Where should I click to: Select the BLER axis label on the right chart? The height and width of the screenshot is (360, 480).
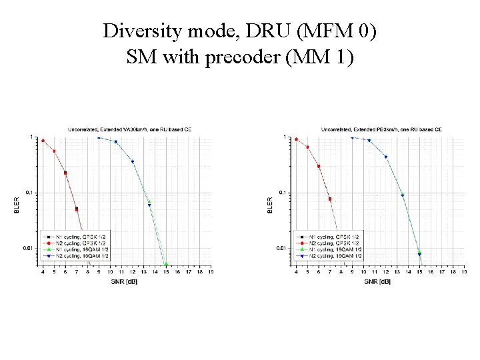coord(270,204)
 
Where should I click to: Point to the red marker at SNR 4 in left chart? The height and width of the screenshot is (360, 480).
coord(43,141)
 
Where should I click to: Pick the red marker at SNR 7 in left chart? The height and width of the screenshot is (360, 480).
coord(77,209)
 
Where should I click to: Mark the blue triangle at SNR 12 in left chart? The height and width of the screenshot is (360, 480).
coord(133,161)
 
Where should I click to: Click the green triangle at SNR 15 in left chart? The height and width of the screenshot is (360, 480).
coord(166,264)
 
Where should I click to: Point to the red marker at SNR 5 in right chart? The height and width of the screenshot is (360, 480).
coord(307,147)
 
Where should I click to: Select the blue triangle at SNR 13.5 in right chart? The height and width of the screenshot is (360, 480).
coord(403,195)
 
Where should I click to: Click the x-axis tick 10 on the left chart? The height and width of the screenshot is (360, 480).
coord(110,272)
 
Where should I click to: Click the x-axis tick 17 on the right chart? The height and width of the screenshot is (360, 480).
coord(442,272)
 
